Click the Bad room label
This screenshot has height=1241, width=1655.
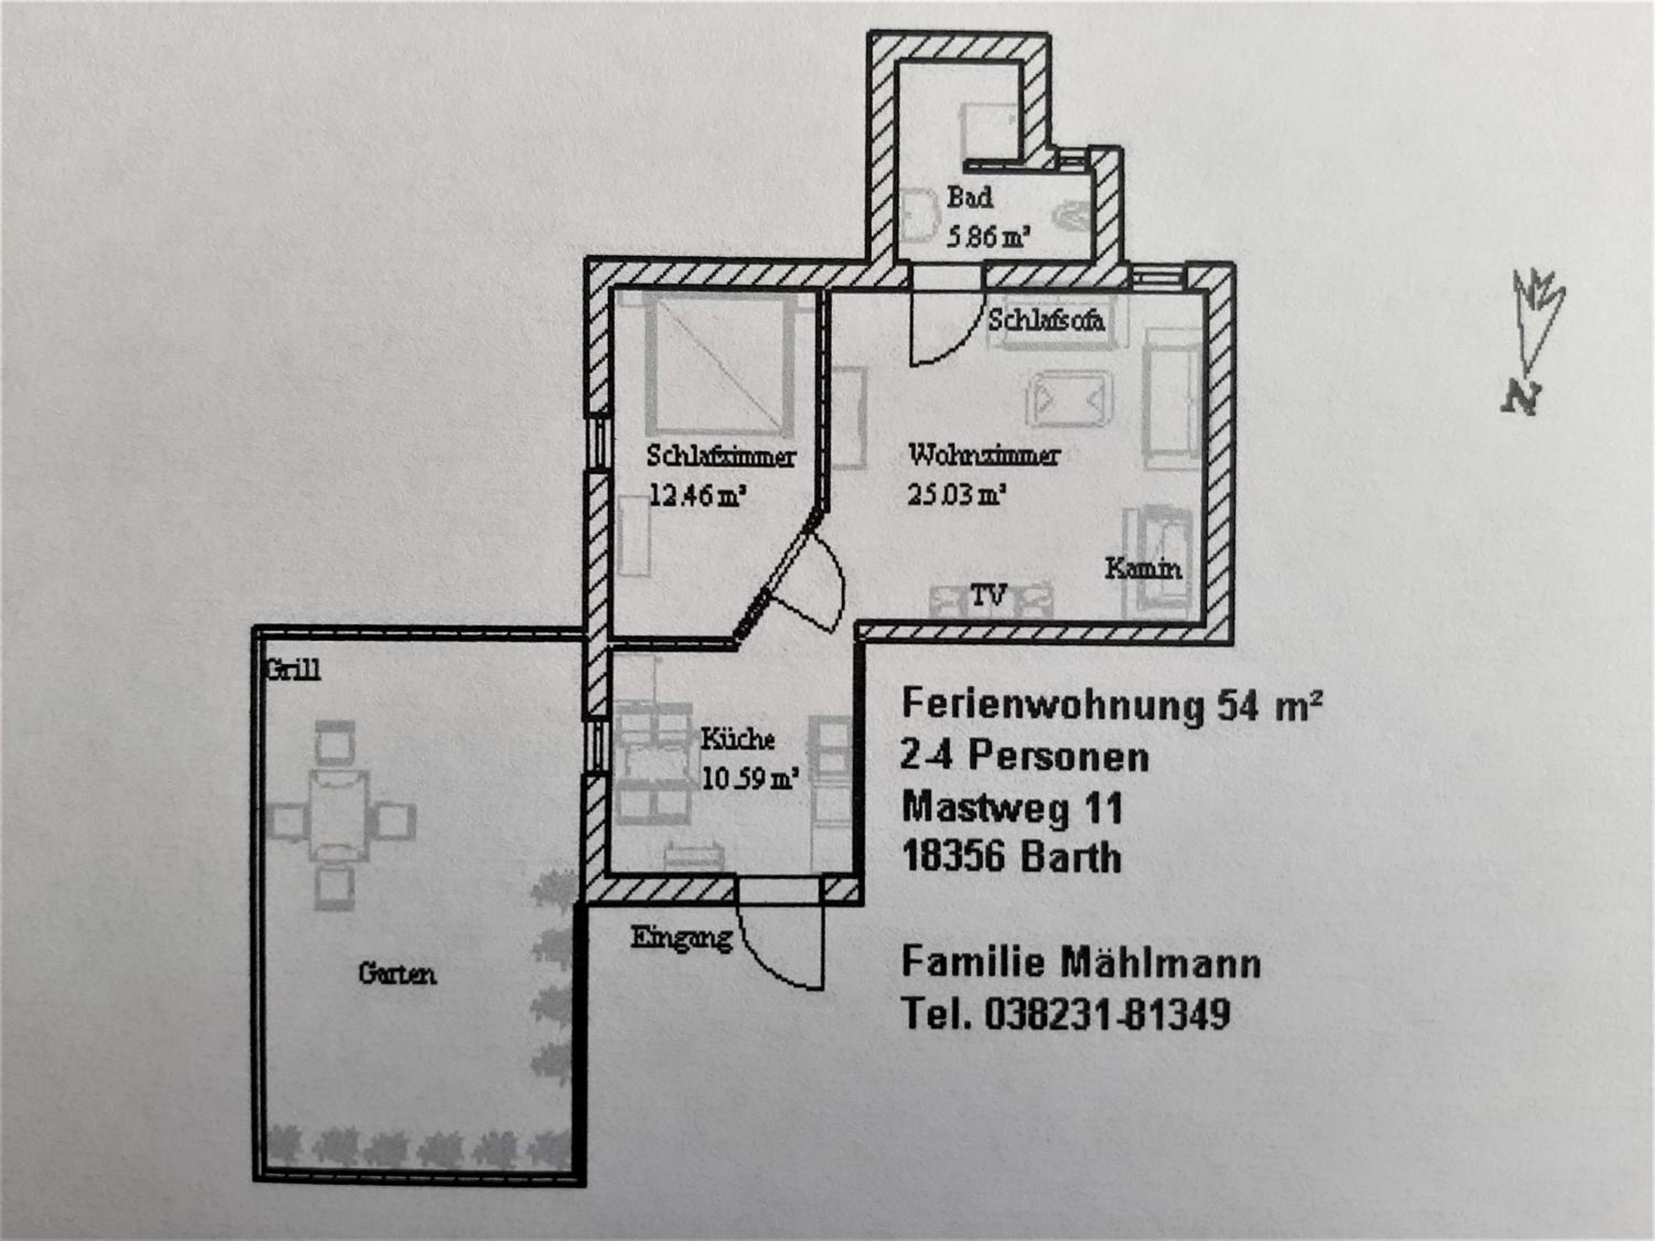tap(970, 197)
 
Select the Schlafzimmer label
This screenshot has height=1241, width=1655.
tap(721, 456)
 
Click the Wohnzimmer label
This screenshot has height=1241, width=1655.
tap(984, 454)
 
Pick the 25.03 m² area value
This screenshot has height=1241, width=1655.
tap(955, 494)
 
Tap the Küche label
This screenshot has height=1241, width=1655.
tap(737, 739)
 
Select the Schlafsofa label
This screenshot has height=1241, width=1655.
tap(1046, 320)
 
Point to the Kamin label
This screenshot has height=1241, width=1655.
tap(1143, 569)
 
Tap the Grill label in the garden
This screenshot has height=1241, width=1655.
tap(294, 670)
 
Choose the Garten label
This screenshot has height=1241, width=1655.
tap(397, 974)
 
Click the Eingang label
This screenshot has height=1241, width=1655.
tap(681, 938)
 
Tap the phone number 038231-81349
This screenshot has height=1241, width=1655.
tap(1107, 1015)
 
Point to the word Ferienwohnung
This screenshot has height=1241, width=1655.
tap(1052, 705)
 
